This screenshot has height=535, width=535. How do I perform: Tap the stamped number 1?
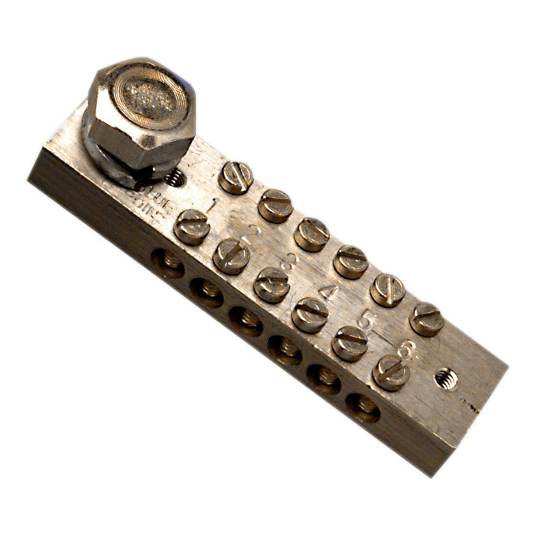[214, 205]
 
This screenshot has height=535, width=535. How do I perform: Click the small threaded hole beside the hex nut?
[175, 178]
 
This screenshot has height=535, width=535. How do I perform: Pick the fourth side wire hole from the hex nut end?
[285, 345]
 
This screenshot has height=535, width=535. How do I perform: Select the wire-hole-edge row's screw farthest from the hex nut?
[391, 373]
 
